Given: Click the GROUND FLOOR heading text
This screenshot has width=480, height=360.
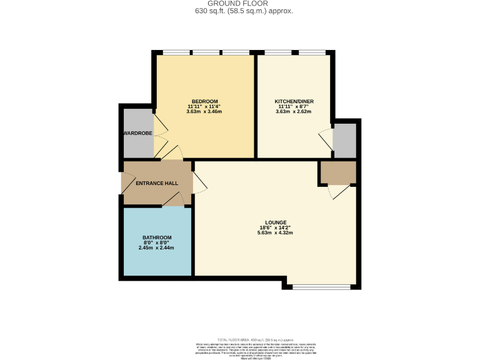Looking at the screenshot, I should [239, 4].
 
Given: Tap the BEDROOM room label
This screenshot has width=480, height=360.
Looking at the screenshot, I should [204, 102].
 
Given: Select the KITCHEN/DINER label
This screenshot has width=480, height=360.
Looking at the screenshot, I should [294, 102].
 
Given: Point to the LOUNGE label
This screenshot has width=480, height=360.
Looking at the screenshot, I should [276, 222].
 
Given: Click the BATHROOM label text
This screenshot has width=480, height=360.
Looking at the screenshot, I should [156, 237].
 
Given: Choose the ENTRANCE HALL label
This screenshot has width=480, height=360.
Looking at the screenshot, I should [157, 183].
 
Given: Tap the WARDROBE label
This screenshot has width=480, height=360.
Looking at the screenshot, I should [137, 133].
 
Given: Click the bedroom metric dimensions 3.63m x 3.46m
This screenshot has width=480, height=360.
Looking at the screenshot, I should [204, 112].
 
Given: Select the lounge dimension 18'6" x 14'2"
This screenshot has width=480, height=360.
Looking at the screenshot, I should [276, 227].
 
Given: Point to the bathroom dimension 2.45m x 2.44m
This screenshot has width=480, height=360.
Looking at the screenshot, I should [156, 247].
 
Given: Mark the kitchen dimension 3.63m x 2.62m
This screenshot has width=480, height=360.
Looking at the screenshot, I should [294, 112].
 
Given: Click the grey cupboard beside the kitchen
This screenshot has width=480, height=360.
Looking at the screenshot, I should [344, 141].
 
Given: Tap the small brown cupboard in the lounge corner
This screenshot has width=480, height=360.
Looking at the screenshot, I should [337, 172].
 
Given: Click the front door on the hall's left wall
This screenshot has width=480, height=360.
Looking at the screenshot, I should [125, 182].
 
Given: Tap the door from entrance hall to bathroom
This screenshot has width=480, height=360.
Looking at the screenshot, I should [174, 200].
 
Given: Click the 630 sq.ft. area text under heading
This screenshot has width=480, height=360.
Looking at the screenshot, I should [239, 11].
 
